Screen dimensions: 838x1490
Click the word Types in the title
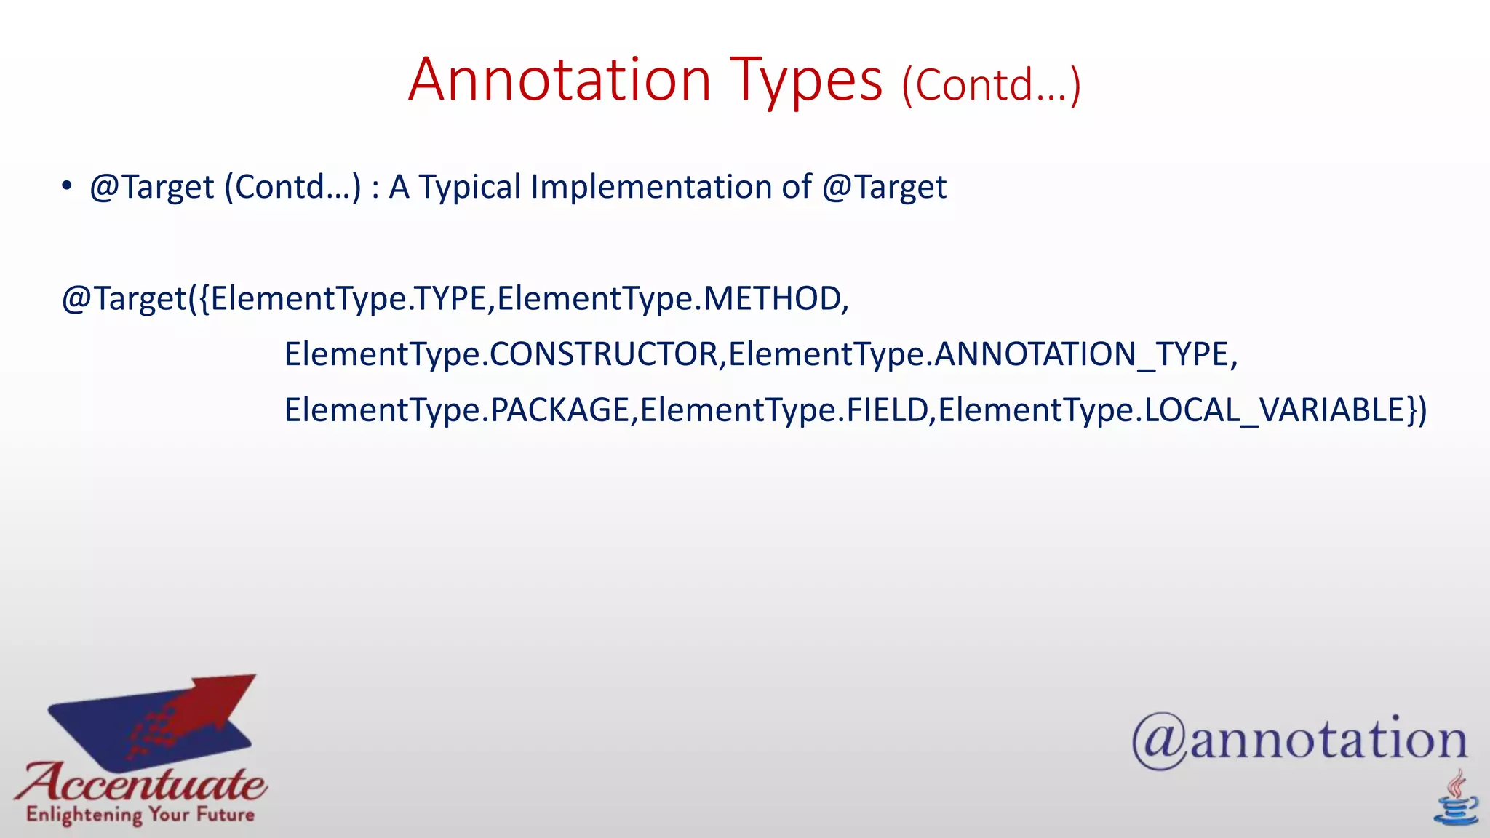pyautogui.click(x=806, y=81)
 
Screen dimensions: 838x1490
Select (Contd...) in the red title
pyautogui.click(x=991, y=85)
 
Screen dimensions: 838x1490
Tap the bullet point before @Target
pyautogui.click(x=67, y=186)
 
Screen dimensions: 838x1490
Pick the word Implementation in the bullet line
pyautogui.click(x=650, y=187)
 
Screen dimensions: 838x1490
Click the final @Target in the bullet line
pyautogui.click(x=884, y=187)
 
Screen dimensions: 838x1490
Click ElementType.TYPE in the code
pyautogui.click(x=348, y=299)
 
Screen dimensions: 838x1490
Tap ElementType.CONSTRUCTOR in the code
pyautogui.click(x=502, y=354)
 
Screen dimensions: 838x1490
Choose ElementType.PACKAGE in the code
pyautogui.click(x=457, y=410)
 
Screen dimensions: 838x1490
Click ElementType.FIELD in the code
pyautogui.click(x=784, y=410)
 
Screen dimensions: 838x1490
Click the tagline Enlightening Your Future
pyautogui.click(x=140, y=814)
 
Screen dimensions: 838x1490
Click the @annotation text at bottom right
pyautogui.click(x=1299, y=741)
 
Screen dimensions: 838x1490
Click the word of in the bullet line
pyautogui.click(x=796, y=187)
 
